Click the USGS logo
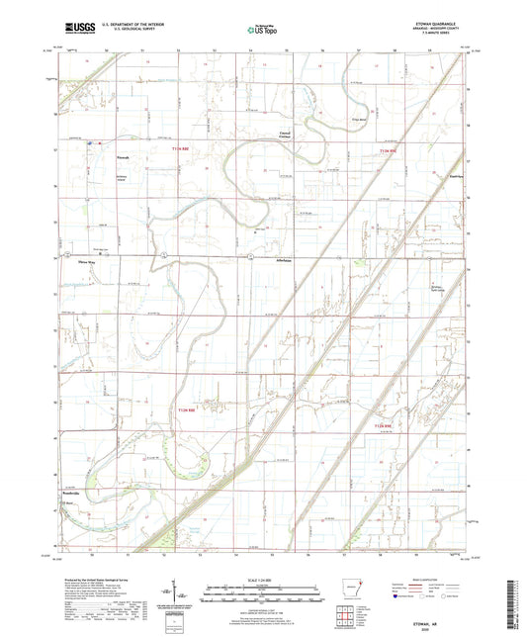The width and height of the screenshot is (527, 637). point(76,30)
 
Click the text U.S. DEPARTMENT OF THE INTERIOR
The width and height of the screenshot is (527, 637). point(132,26)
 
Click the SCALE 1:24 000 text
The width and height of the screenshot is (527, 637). point(262,579)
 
